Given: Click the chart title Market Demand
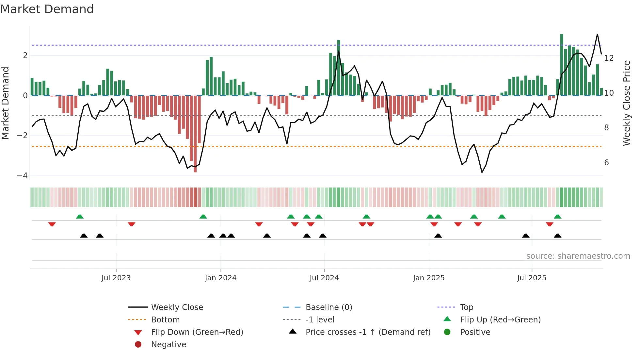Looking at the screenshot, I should tap(47, 9).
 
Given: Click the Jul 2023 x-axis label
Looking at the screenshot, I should tap(116, 278).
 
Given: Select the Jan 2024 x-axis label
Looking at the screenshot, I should tap(220, 278).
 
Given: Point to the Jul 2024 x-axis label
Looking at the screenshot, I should tap(324, 278).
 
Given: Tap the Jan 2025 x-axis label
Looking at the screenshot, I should tap(428, 278).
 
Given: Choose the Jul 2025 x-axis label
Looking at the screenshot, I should tap(532, 278).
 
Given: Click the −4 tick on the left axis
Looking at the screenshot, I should tap(22, 176).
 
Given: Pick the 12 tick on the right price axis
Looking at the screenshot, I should tap(609, 58).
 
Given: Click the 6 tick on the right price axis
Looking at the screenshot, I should tap(607, 163).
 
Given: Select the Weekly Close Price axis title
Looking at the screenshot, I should tap(626, 103).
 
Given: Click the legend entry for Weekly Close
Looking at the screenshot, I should tap(177, 307).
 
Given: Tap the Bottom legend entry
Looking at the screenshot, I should tap(165, 319).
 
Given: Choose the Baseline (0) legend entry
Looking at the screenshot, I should tap(328, 307).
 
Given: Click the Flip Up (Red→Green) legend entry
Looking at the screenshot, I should tap(500, 319).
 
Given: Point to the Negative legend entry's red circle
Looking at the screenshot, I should tap(138, 344).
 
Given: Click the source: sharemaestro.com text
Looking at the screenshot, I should tap(578, 256).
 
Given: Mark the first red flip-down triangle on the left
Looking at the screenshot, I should tap(52, 224).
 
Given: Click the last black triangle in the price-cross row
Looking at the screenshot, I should tap(558, 236).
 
